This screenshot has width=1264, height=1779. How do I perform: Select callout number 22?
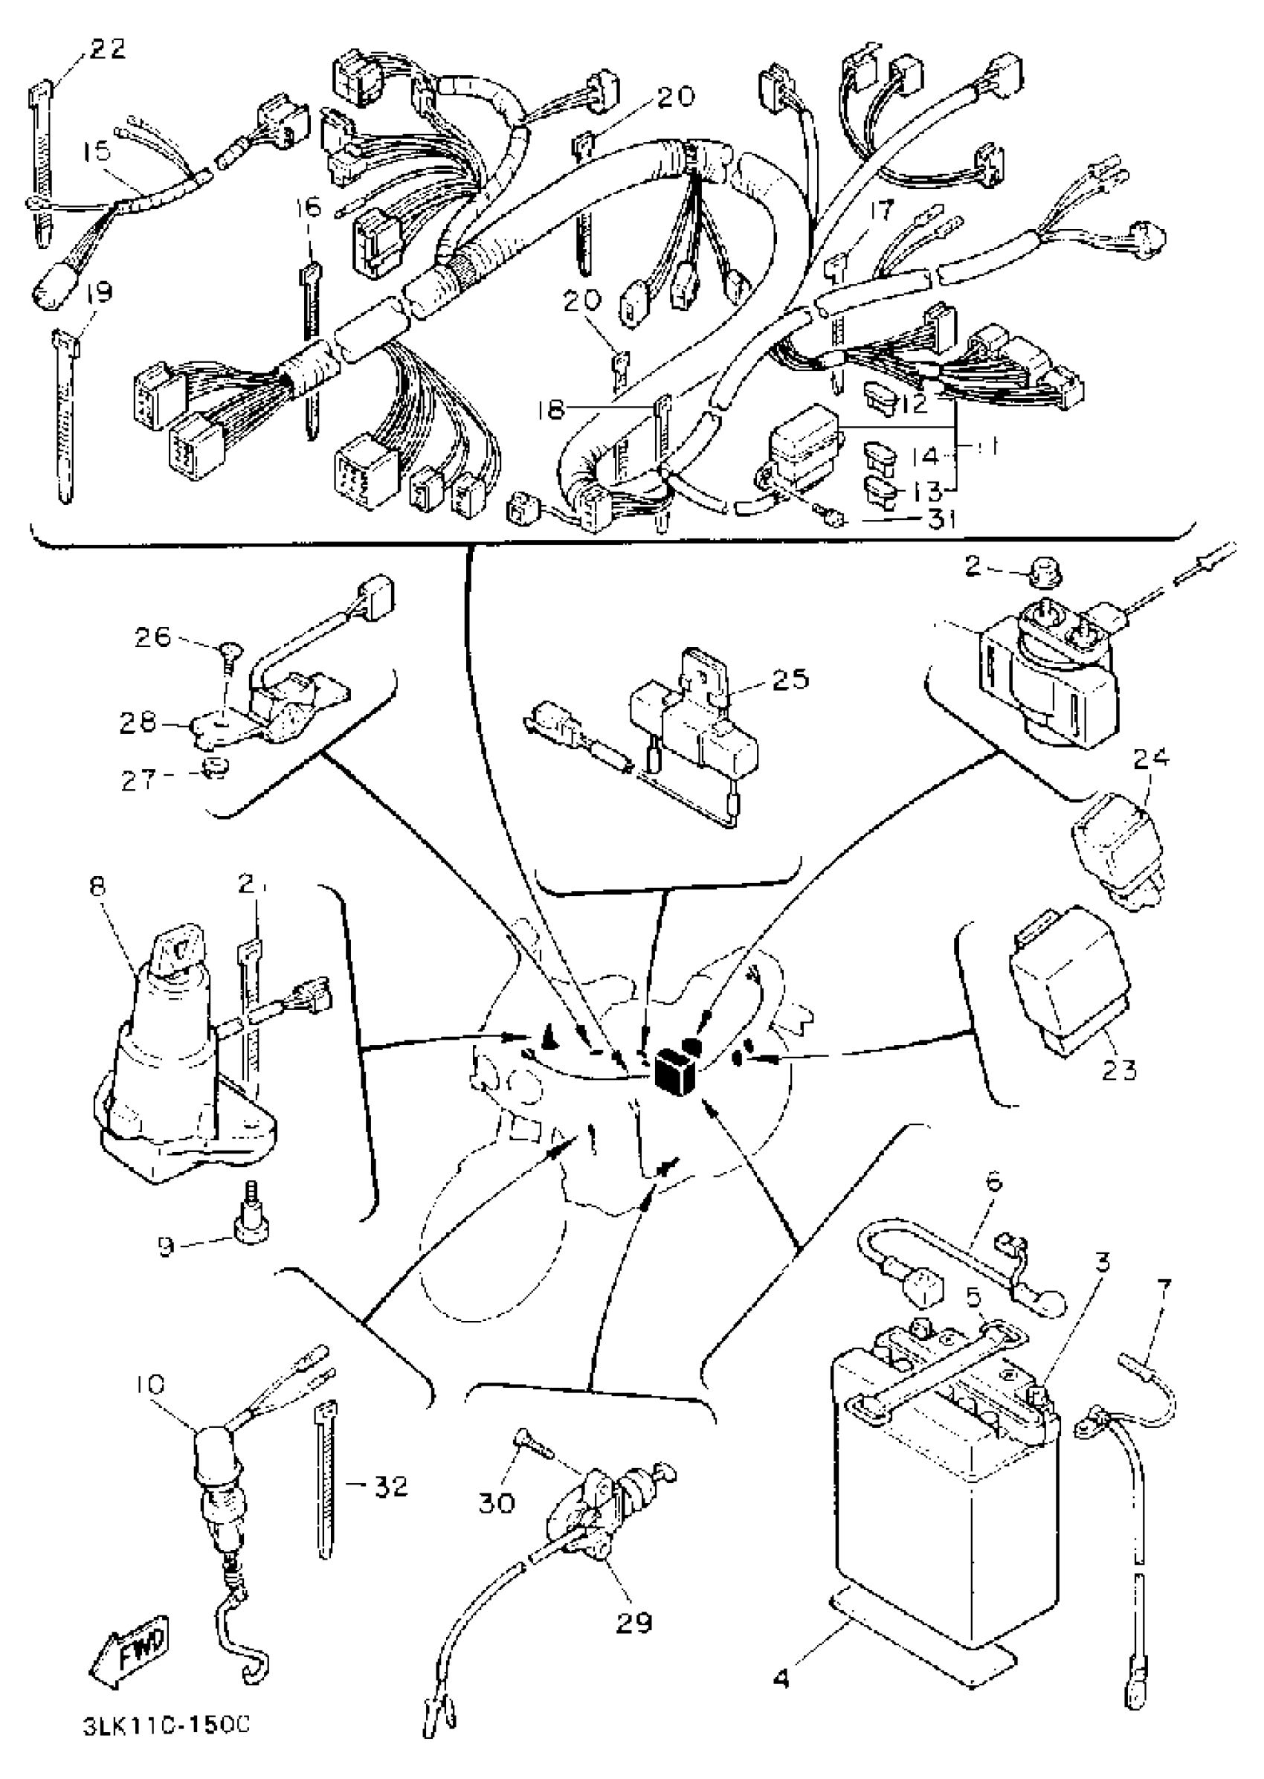(x=107, y=50)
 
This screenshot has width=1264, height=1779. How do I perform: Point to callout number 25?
(x=791, y=678)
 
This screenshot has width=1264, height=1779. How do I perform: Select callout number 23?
(x=1118, y=1069)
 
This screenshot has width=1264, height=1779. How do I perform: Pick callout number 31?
(x=942, y=518)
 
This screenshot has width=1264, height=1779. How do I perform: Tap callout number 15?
(x=97, y=151)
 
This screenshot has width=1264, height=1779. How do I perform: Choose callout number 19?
(x=99, y=292)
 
